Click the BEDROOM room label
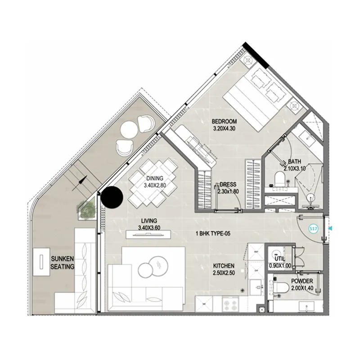click(224, 121)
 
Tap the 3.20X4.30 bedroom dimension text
click(224, 129)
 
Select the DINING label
click(155, 178)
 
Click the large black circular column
click(112, 197)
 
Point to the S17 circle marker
click(313, 229)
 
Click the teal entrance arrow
click(330, 229)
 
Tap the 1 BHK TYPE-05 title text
click(213, 234)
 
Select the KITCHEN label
click(224, 266)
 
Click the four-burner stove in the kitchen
click(230, 305)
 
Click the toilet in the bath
click(279, 178)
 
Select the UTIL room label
click(280, 258)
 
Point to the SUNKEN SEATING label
click(63, 263)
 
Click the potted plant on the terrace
click(86, 209)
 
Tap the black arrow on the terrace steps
click(80, 183)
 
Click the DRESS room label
click(228, 184)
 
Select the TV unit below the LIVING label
click(148, 234)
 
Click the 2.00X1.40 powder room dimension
click(302, 288)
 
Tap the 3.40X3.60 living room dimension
click(149, 228)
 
